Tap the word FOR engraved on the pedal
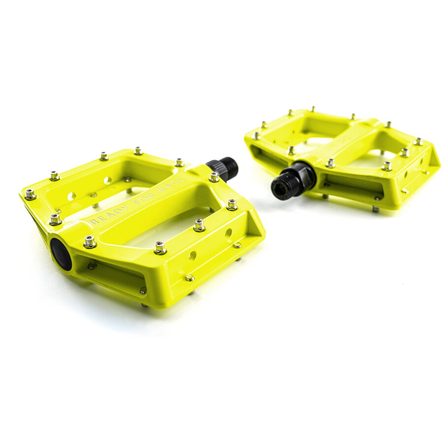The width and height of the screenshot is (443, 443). (142, 198)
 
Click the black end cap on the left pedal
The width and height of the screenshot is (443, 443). (61, 254)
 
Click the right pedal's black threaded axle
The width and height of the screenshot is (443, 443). (293, 182)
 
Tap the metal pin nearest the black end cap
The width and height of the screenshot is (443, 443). (90, 241)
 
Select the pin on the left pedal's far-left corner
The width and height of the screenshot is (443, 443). (30, 194)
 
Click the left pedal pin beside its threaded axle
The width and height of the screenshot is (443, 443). (214, 177)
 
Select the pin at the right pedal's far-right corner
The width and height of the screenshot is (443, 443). (418, 142)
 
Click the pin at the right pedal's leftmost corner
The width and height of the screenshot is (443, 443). (255, 135)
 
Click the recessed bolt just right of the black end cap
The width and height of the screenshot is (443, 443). (92, 266)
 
